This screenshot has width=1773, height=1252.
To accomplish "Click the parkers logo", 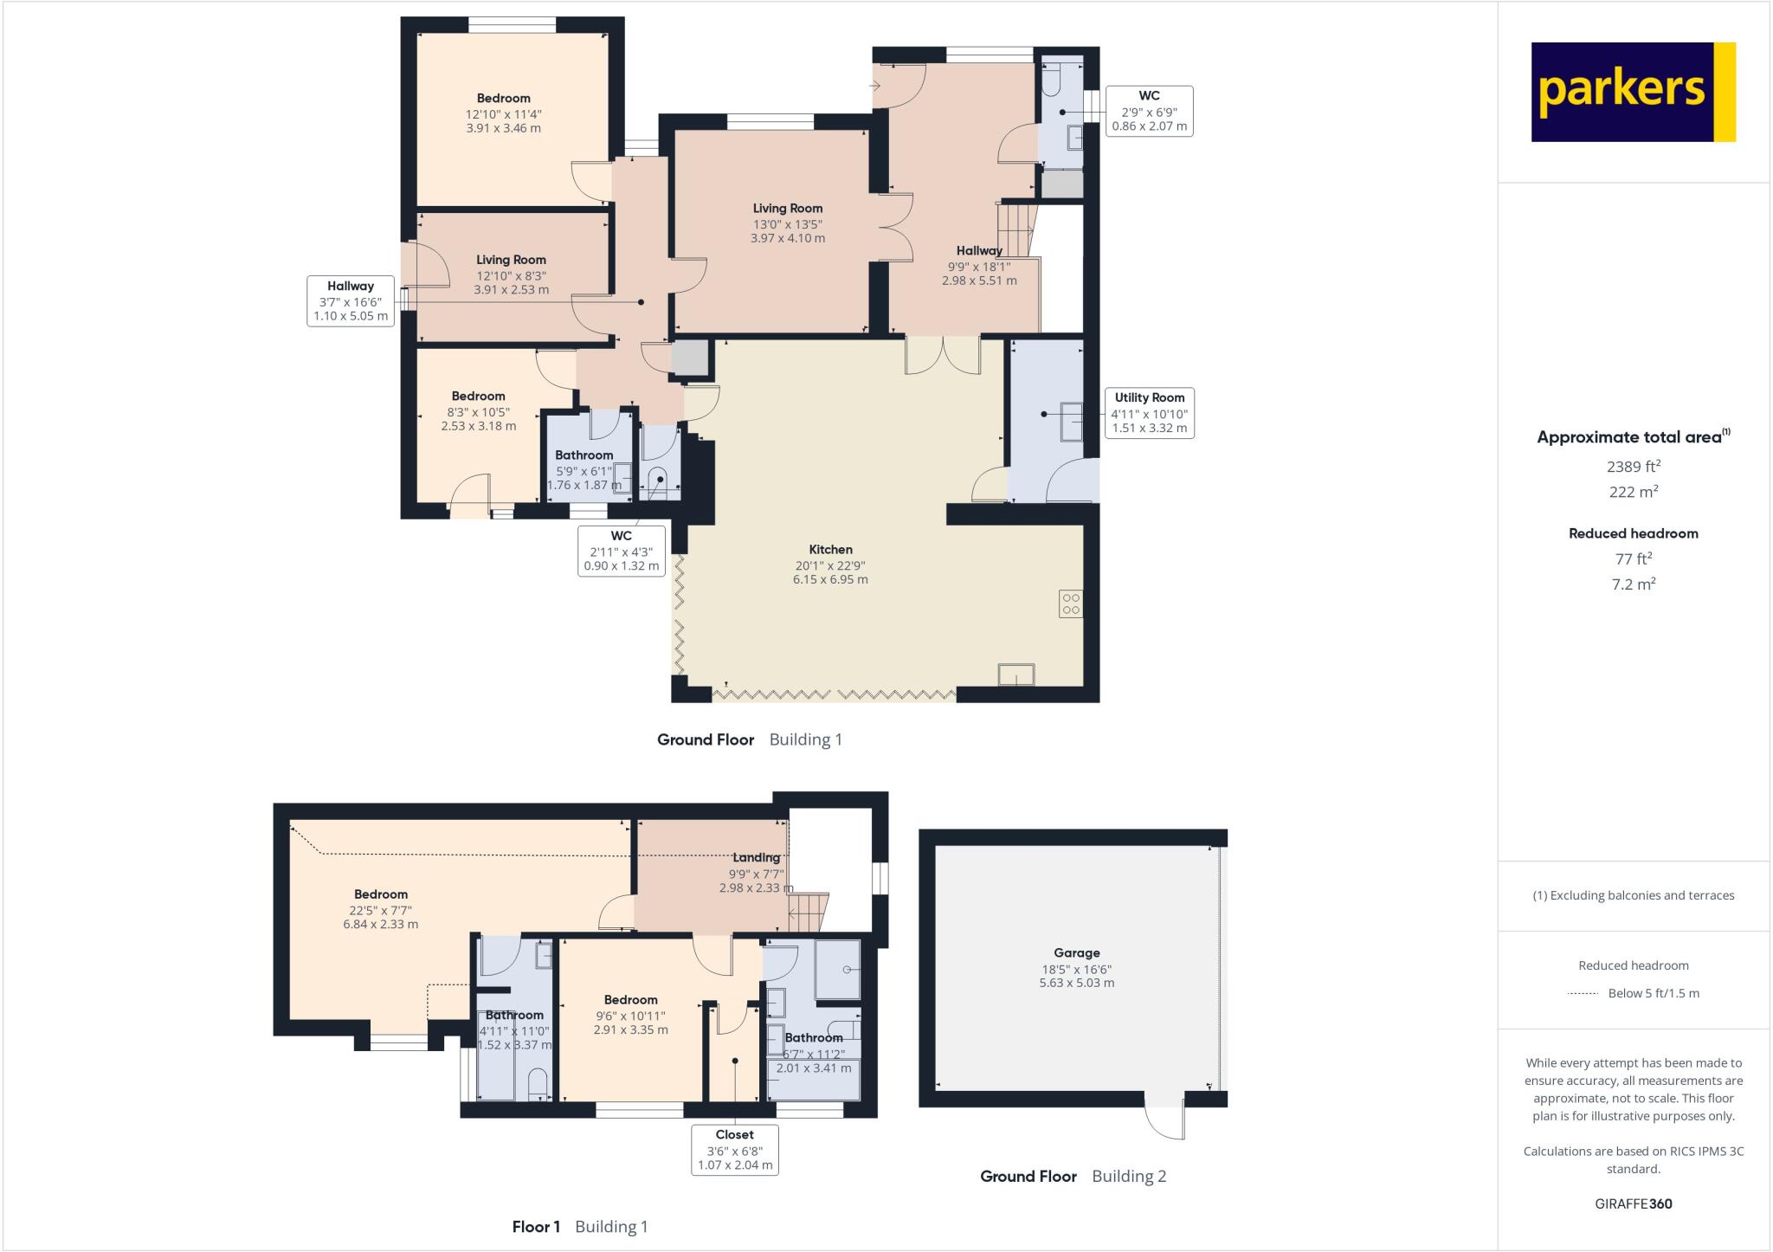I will (1633, 92).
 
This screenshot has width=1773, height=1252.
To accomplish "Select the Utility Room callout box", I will (1149, 413).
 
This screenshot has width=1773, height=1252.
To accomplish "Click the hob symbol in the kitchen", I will (1070, 603).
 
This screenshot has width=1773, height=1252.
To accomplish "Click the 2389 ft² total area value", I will (1633, 466).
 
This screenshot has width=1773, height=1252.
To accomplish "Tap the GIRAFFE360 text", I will (1633, 1204).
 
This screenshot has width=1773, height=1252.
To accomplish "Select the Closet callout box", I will (734, 1149).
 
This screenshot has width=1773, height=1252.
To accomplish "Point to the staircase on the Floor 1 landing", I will (808, 913).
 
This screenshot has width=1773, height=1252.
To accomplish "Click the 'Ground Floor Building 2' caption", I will (1073, 1176).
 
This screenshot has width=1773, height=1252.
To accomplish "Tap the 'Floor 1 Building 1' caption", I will (579, 1226).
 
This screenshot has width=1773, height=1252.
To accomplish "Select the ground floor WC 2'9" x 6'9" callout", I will (1149, 111).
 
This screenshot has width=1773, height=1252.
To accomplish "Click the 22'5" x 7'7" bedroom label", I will (380, 909).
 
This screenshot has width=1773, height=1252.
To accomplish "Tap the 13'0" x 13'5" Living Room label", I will (787, 223).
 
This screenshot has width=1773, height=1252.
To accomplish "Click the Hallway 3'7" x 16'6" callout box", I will (351, 300).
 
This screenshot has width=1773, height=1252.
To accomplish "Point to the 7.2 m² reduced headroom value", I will (1633, 584).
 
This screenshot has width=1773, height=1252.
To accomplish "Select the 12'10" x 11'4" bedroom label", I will (503, 113).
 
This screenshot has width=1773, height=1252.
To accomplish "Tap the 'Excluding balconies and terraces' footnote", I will (1633, 895).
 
